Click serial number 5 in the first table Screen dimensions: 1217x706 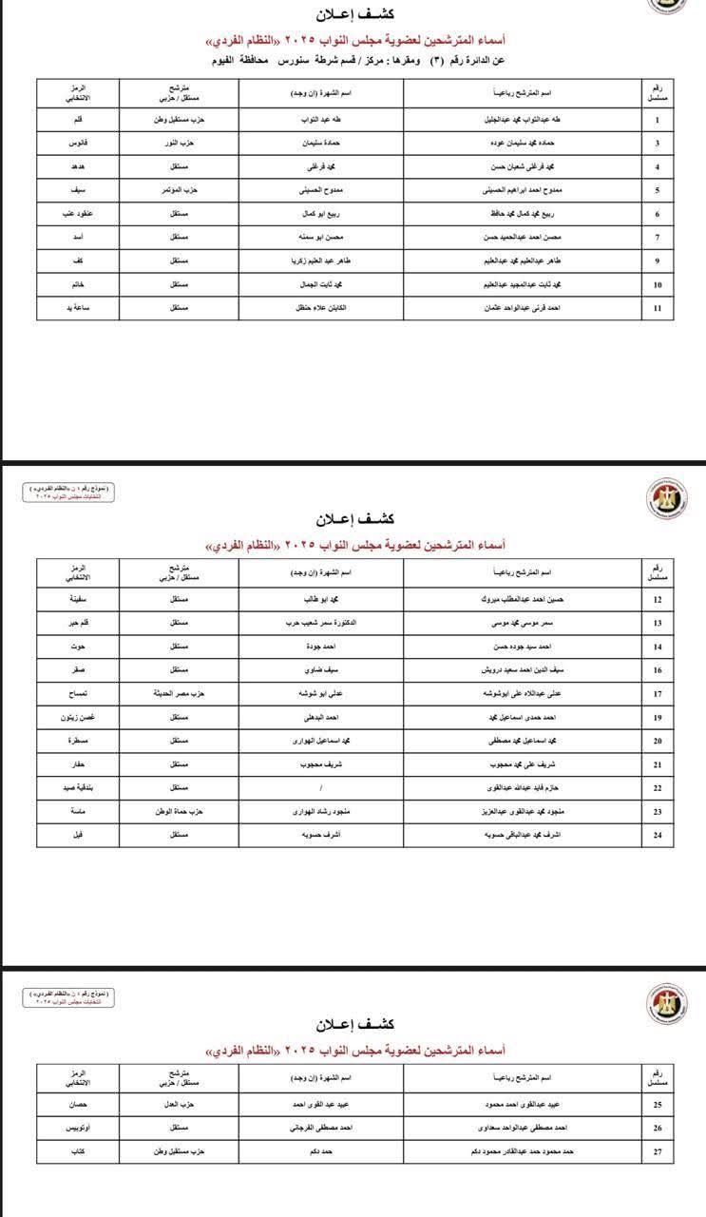point(658,189)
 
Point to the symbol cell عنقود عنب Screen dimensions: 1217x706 point(79,212)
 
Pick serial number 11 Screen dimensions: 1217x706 point(658,308)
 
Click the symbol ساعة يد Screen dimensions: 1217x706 point(79,308)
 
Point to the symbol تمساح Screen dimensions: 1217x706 point(79,693)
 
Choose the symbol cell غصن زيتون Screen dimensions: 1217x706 point(79,717)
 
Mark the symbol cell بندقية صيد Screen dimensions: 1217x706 point(79,787)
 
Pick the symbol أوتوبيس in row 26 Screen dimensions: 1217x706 point(79,1129)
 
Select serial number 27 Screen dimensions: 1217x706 point(658,1152)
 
